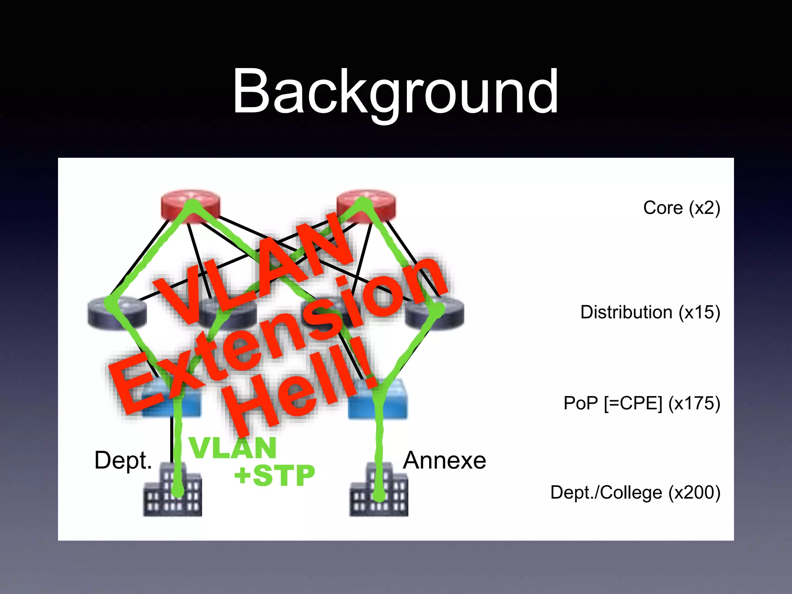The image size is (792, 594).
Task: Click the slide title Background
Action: [x=395, y=92]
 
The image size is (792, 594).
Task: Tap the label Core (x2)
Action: [x=681, y=208]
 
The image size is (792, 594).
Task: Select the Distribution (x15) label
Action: [x=650, y=312]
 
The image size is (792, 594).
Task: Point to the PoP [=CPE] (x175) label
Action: [x=642, y=403]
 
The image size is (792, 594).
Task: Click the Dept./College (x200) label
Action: [x=635, y=493]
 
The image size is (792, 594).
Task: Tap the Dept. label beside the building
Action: [x=123, y=460]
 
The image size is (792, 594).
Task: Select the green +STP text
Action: [x=275, y=476]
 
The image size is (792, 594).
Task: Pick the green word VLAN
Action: [x=233, y=449]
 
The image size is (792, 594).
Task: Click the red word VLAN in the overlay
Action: [x=255, y=271]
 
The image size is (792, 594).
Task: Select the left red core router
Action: [x=190, y=206]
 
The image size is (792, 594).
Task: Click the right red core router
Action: [x=366, y=206]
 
